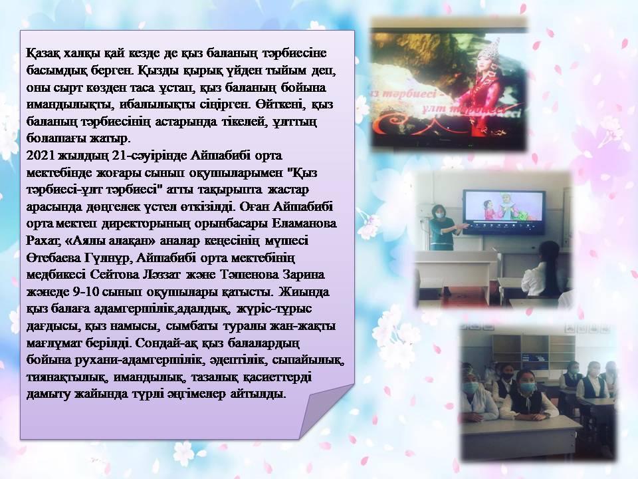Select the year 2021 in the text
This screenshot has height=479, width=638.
pyautogui.click(x=41, y=156)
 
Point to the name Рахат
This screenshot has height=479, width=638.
pyautogui.click(x=43, y=241)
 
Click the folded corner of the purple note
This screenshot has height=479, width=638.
pyautogui.click(x=326, y=410)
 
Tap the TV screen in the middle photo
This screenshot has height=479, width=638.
pyautogui.click(x=504, y=212)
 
